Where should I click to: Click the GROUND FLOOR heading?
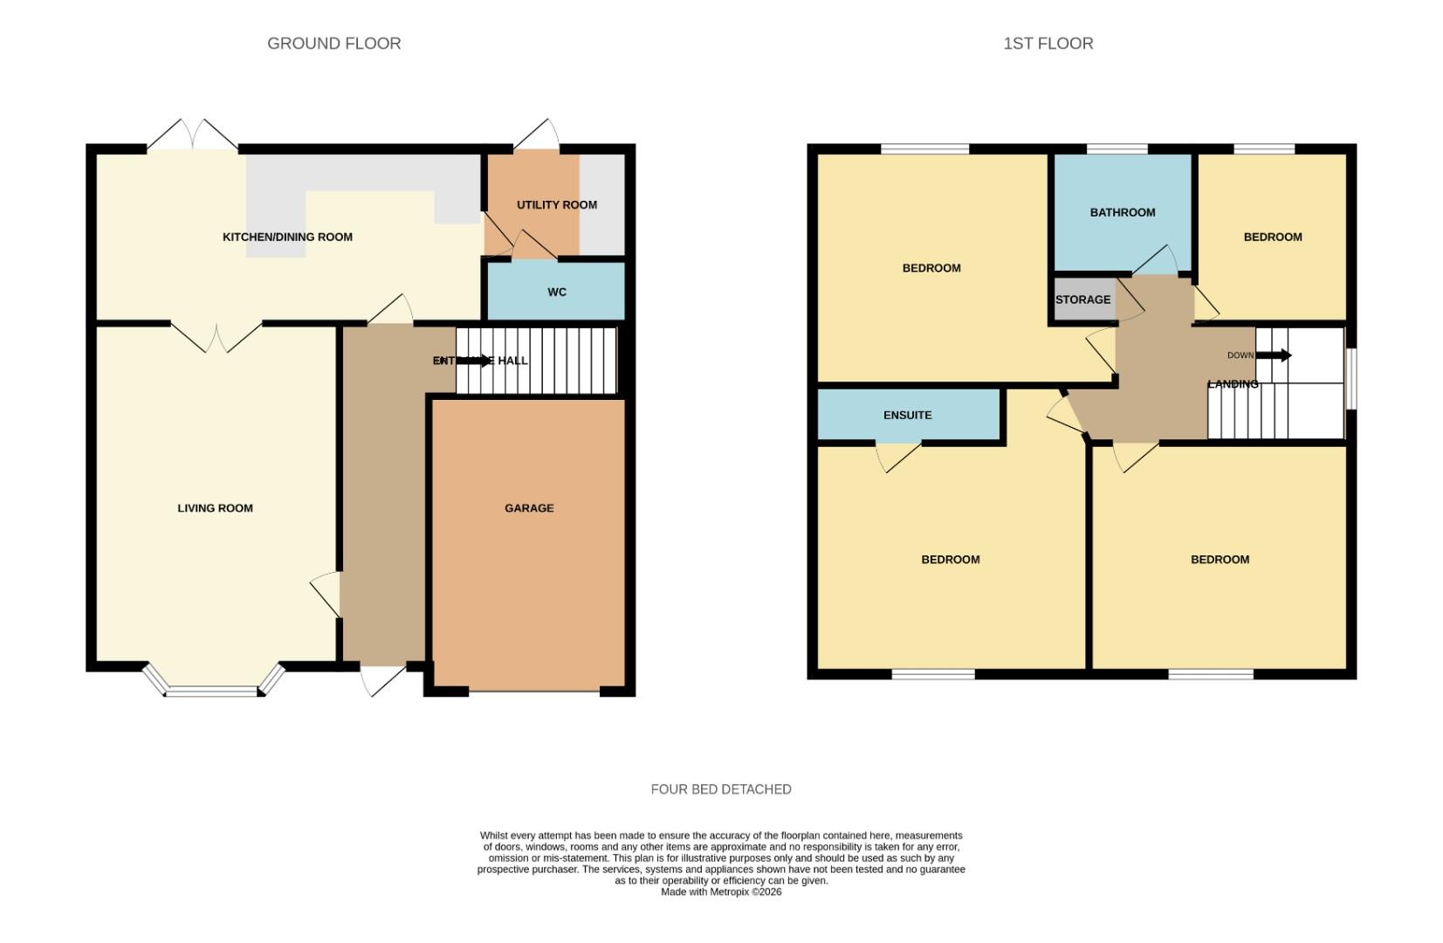click(x=333, y=44)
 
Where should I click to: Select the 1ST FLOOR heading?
click(x=1048, y=44)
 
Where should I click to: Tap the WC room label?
click(x=557, y=293)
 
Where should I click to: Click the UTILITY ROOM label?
click(x=557, y=205)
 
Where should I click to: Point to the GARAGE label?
click(x=529, y=508)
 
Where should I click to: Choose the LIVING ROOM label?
click(x=215, y=508)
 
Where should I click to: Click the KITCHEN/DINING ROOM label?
click(x=287, y=237)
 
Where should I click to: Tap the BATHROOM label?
click(x=1122, y=212)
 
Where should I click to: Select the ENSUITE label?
click(x=907, y=416)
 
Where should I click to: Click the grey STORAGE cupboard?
click(x=1082, y=299)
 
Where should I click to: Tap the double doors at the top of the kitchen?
click(x=192, y=135)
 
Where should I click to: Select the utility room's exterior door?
click(x=537, y=135)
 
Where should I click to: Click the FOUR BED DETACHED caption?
click(x=720, y=789)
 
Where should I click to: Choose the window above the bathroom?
click(x=1117, y=149)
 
